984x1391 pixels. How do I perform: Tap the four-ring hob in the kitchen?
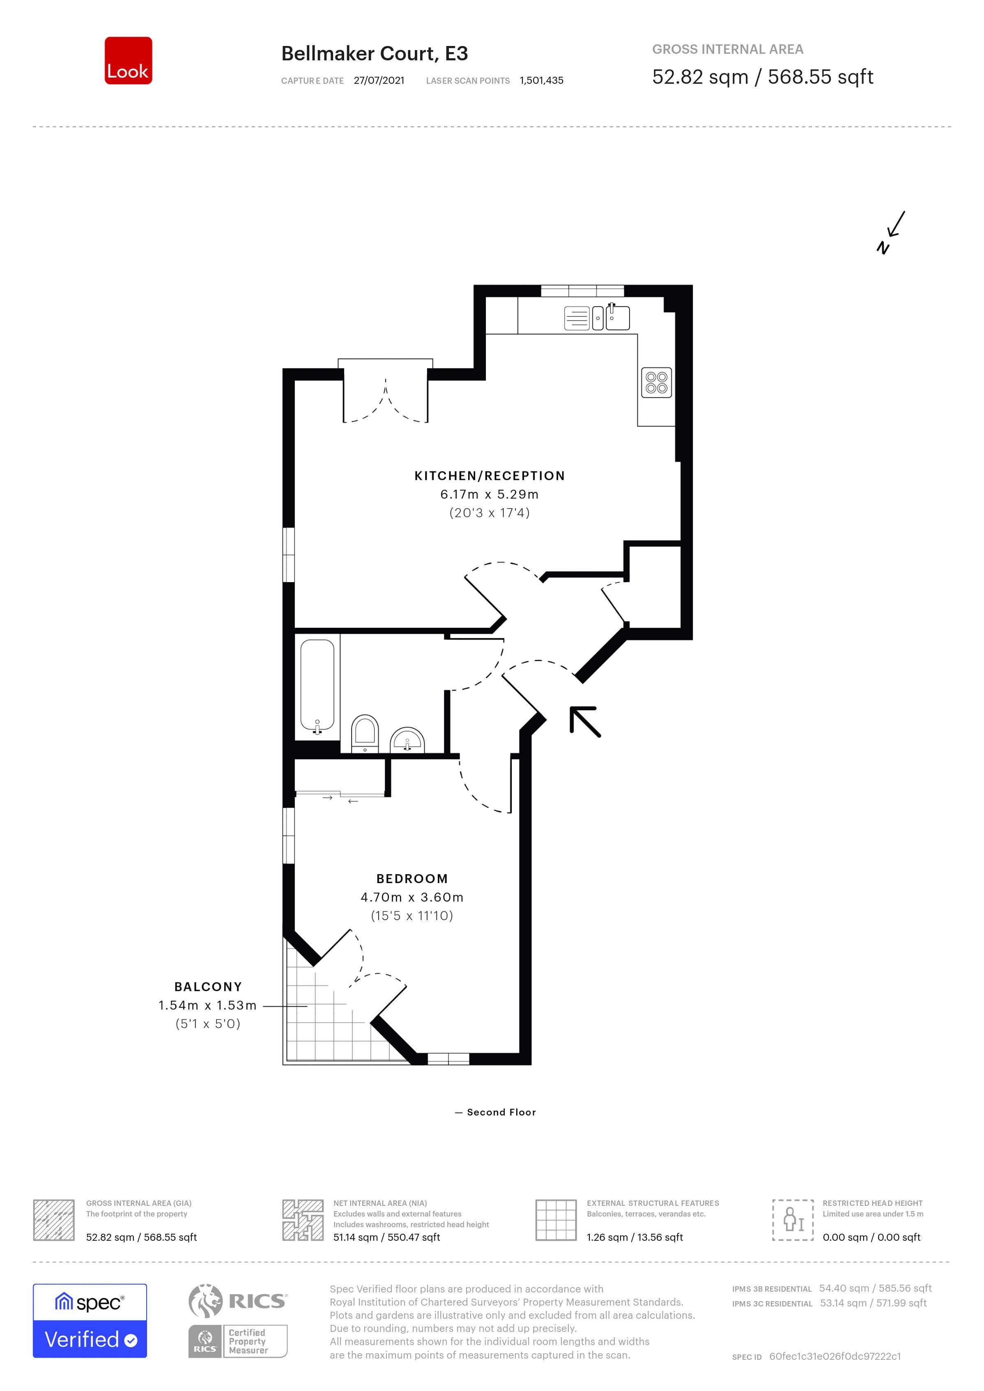(x=656, y=382)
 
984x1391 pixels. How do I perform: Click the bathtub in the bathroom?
(x=317, y=686)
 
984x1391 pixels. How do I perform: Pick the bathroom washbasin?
(x=407, y=740)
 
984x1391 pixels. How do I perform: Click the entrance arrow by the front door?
(x=585, y=721)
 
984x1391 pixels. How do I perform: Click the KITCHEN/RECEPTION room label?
(x=490, y=476)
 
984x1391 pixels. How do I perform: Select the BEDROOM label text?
(x=412, y=879)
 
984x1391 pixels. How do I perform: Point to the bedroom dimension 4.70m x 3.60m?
(x=412, y=897)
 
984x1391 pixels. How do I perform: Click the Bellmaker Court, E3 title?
(x=375, y=54)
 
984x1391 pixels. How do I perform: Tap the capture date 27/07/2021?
(x=379, y=80)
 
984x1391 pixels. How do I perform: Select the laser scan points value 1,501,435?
(x=542, y=80)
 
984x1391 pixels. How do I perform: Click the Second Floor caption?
(x=501, y=1112)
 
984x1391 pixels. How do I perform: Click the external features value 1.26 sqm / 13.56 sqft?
(x=635, y=1237)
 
